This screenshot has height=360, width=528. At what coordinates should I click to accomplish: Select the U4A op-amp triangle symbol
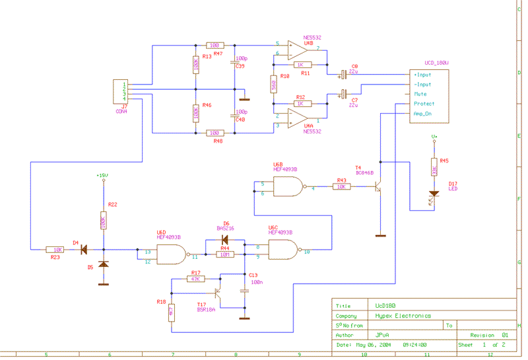click(x=301, y=118)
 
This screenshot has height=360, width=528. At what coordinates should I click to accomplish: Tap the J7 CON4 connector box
click(x=121, y=92)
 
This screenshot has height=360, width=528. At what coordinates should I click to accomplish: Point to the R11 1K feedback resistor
click(x=303, y=65)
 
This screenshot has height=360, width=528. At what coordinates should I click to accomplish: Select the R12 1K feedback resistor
click(x=303, y=104)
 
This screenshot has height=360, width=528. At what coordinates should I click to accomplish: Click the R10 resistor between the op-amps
click(x=274, y=84)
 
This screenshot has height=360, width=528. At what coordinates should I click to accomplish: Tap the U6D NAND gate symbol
click(x=170, y=254)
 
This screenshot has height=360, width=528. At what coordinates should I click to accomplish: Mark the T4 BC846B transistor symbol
click(x=378, y=187)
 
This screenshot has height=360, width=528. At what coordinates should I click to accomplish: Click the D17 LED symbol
click(x=434, y=194)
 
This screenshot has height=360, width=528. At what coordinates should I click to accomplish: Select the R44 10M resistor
click(x=224, y=254)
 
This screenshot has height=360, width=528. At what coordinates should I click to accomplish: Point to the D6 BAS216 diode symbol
click(x=225, y=240)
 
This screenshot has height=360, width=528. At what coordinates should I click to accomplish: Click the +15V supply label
click(x=102, y=176)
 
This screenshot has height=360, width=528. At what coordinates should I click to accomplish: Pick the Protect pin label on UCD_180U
click(x=424, y=104)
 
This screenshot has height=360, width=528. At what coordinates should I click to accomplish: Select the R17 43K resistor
click(x=195, y=279)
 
